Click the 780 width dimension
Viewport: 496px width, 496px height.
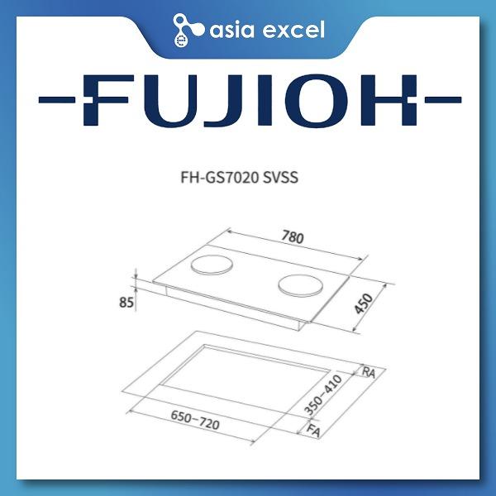(293, 237)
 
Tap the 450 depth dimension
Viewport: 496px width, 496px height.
(364, 303)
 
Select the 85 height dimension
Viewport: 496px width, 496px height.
(126, 303)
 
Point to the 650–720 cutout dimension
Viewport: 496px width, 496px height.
(195, 420)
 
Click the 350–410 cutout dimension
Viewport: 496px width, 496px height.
(323, 394)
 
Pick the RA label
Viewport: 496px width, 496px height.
(369, 372)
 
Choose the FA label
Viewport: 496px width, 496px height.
(313, 431)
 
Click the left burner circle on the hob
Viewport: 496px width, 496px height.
(212, 265)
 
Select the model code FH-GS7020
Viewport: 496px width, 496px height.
(219, 178)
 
